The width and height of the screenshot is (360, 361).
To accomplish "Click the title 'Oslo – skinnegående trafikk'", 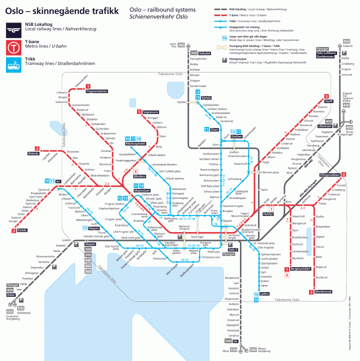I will coord(62,10).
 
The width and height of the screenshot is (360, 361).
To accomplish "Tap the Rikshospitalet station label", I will coord(134,143).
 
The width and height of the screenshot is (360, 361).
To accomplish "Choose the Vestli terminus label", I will coord(328,101).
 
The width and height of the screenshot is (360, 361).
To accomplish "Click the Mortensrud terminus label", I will coord(325,292).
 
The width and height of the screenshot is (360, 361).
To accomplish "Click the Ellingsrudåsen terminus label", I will coord(329,174).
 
